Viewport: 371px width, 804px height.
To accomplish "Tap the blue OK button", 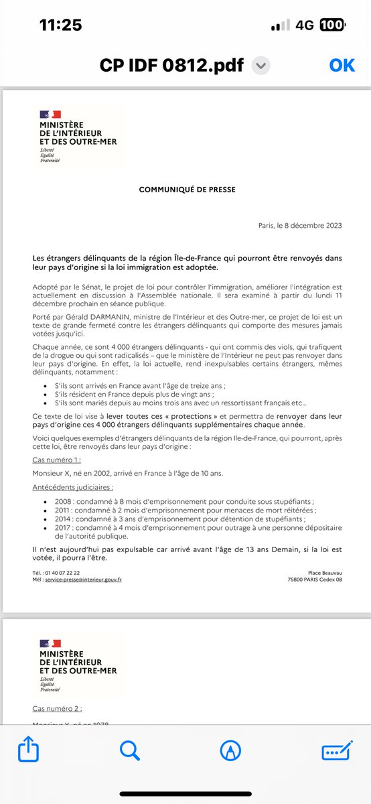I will tap(342, 66).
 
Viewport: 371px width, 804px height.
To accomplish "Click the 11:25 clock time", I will tap(61, 25).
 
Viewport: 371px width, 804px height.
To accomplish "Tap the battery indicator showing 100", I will tap(332, 25).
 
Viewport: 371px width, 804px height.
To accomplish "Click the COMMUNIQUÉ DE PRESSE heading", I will tap(187, 190).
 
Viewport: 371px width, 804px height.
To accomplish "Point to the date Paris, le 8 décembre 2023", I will tap(299, 226).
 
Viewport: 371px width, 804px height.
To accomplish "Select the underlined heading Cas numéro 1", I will tap(57, 460).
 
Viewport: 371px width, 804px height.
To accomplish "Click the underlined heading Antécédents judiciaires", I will tap(73, 488).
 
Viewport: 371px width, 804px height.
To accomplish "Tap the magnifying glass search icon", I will tap(130, 750).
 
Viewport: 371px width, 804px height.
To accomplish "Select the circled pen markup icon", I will tap(230, 751).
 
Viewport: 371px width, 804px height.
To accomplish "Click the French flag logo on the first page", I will tap(50, 115).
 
